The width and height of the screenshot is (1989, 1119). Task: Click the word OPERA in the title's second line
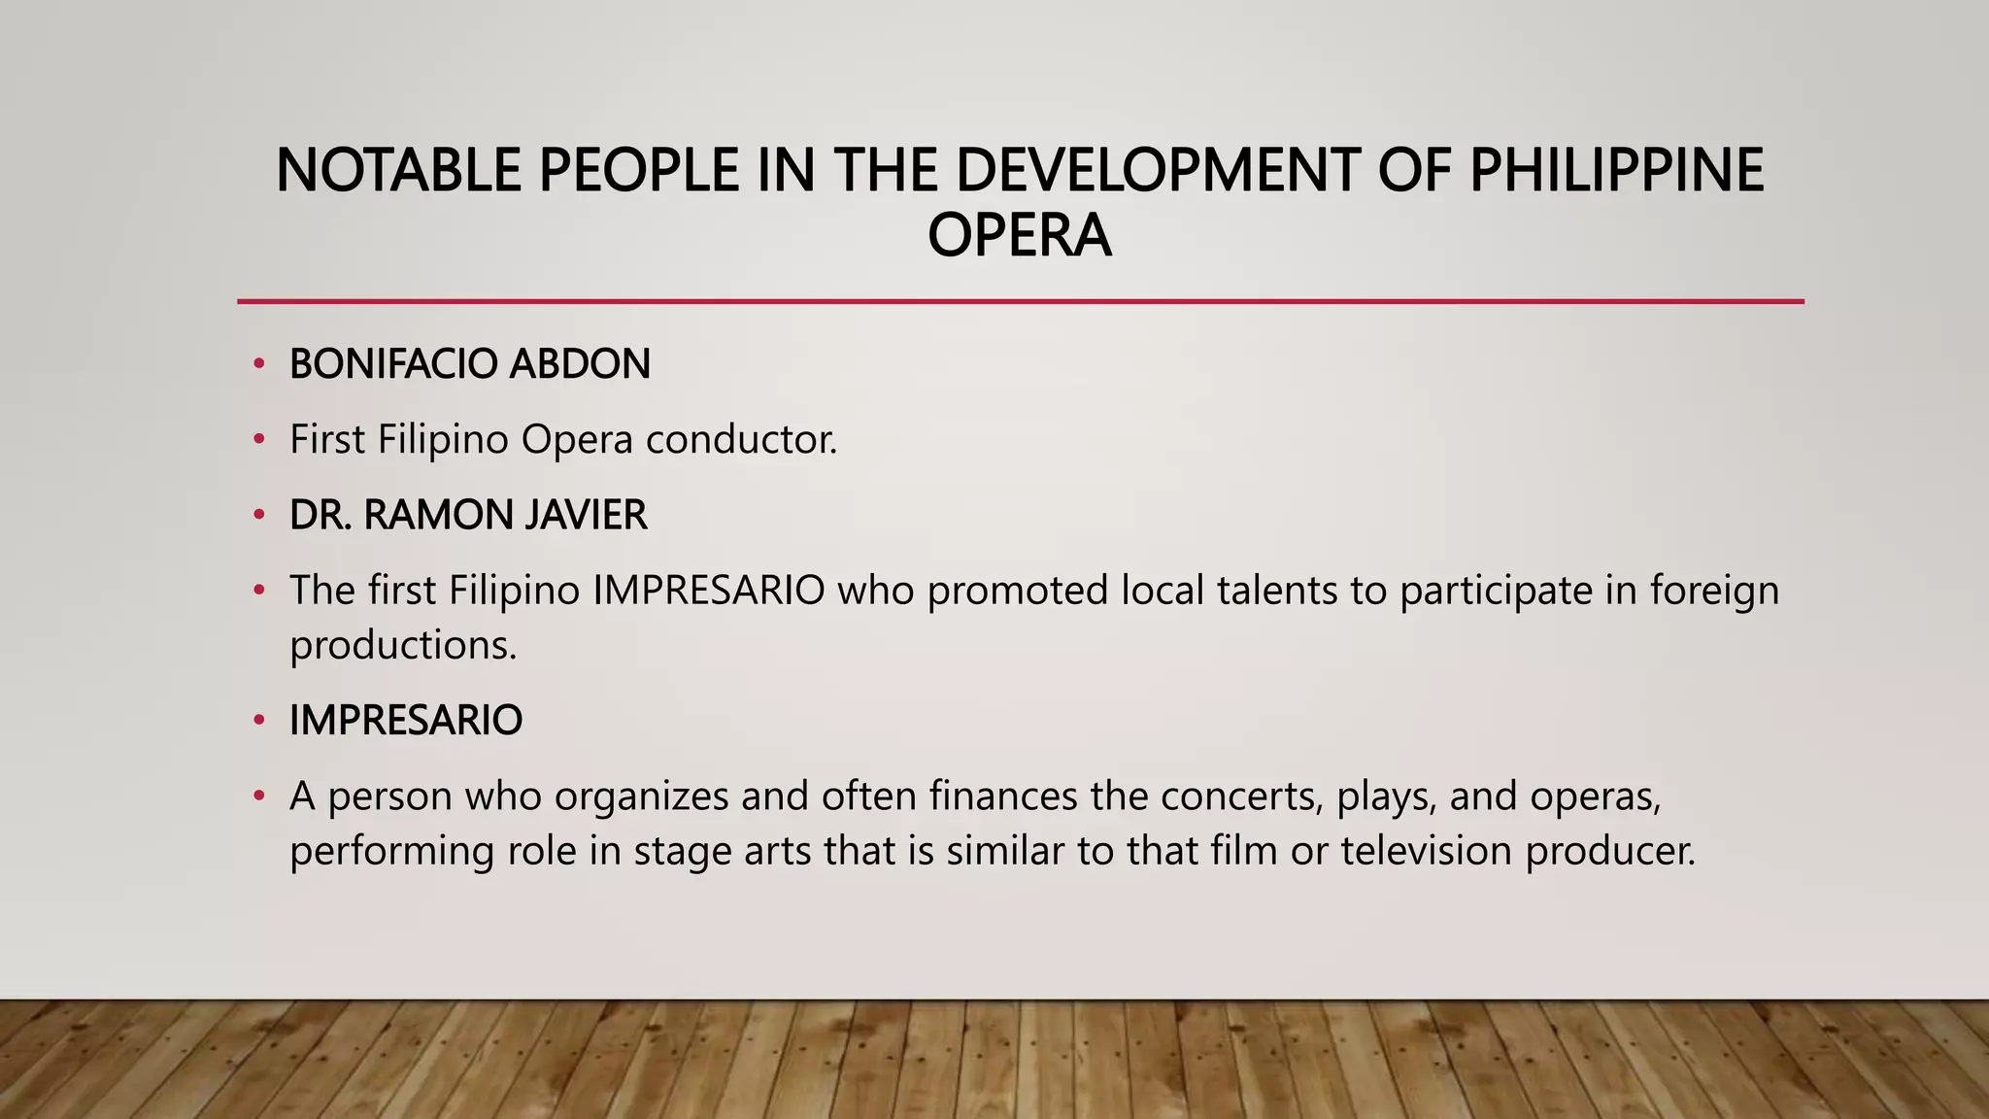1019,236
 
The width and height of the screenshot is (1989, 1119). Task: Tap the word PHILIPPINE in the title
1616,170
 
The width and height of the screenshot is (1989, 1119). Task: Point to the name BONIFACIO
392,364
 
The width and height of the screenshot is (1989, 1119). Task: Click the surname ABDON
580,364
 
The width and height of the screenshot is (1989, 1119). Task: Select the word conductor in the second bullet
741,440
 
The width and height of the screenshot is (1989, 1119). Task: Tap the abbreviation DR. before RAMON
320,515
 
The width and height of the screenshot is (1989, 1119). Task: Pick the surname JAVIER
586,515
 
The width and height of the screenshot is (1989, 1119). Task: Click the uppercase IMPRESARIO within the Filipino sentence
709,591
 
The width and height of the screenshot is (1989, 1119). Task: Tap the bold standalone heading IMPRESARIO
406,721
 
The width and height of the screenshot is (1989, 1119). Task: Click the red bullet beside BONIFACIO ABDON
258,365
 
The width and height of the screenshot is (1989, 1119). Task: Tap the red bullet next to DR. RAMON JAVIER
258,516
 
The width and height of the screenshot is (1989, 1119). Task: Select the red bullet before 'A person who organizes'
258,797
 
